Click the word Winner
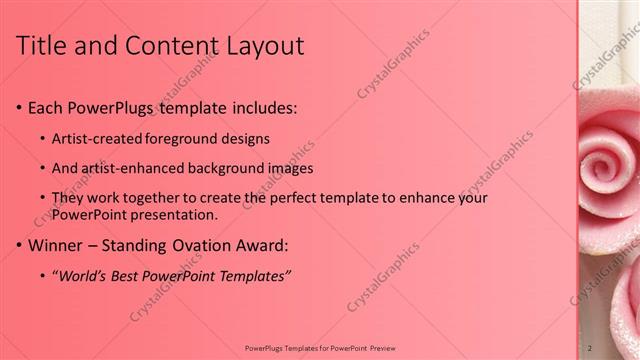pos(55,245)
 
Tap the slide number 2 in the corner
pos(589,347)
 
